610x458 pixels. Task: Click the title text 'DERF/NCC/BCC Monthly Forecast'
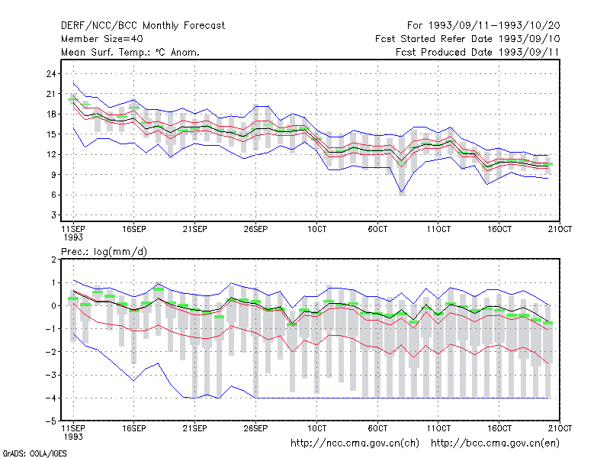click(x=143, y=26)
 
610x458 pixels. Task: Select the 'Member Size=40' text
click(x=102, y=39)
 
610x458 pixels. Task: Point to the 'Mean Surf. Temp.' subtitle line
click(x=130, y=52)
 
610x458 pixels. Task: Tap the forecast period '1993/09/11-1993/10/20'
click(x=494, y=26)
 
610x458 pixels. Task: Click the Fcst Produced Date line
click(x=477, y=52)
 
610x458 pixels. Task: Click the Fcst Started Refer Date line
click(x=467, y=39)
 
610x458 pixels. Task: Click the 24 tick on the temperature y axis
click(x=51, y=73)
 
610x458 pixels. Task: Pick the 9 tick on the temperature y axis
click(x=53, y=175)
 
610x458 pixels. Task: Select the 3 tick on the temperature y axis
click(x=53, y=215)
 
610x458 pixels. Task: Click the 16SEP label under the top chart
click(x=134, y=229)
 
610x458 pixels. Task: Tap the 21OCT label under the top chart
click(x=560, y=229)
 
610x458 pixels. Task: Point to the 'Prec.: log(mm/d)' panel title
click(x=104, y=252)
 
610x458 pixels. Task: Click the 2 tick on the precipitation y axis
click(x=53, y=260)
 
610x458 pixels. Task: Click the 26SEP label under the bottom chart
click(x=255, y=428)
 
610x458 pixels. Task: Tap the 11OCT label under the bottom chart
click(x=438, y=428)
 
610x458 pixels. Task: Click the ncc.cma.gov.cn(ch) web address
click(x=355, y=443)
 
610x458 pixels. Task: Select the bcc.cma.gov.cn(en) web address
click(x=495, y=443)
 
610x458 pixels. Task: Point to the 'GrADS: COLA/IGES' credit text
click(x=34, y=453)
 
